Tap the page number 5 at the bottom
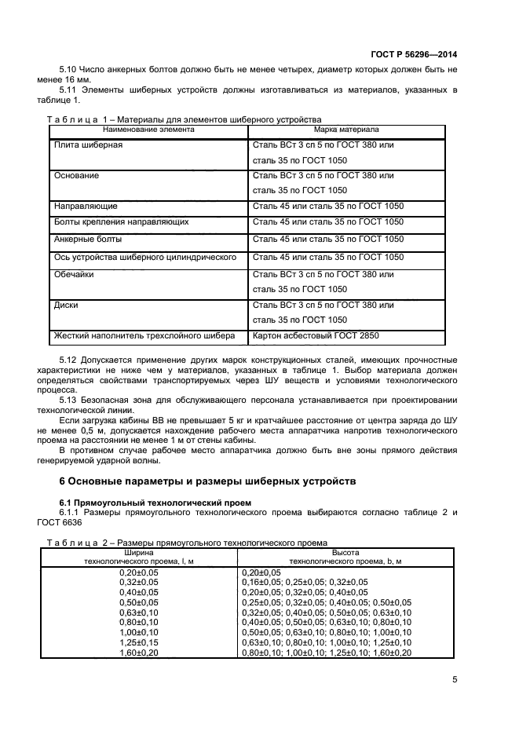click(x=455, y=680)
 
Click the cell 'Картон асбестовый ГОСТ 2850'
click(x=316, y=336)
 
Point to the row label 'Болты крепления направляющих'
click(x=114, y=222)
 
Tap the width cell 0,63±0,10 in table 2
click(x=137, y=611)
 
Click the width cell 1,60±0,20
click(x=137, y=652)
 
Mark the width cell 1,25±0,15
click(x=137, y=642)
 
